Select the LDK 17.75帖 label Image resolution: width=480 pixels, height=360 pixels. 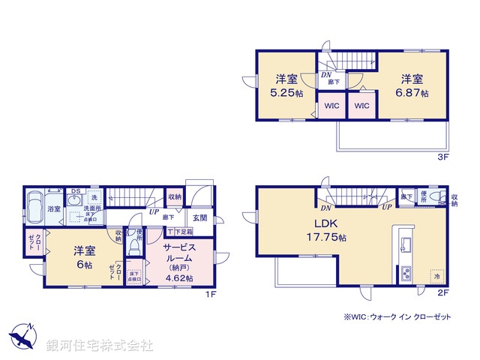point(331,238)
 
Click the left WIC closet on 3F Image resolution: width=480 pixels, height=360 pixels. point(331,106)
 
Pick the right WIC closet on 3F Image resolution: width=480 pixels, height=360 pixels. point(361,106)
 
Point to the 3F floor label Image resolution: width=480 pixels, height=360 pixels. point(443,158)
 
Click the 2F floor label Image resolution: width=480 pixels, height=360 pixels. point(443,293)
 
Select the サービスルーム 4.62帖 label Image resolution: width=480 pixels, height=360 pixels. point(179,262)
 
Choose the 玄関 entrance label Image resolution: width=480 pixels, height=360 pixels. point(199,217)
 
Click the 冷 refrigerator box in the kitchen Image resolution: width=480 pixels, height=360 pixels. point(435,274)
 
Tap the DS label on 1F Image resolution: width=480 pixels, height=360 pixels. point(75,191)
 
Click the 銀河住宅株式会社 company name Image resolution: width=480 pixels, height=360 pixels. point(100,346)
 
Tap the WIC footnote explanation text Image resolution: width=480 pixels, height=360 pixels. point(397,318)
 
